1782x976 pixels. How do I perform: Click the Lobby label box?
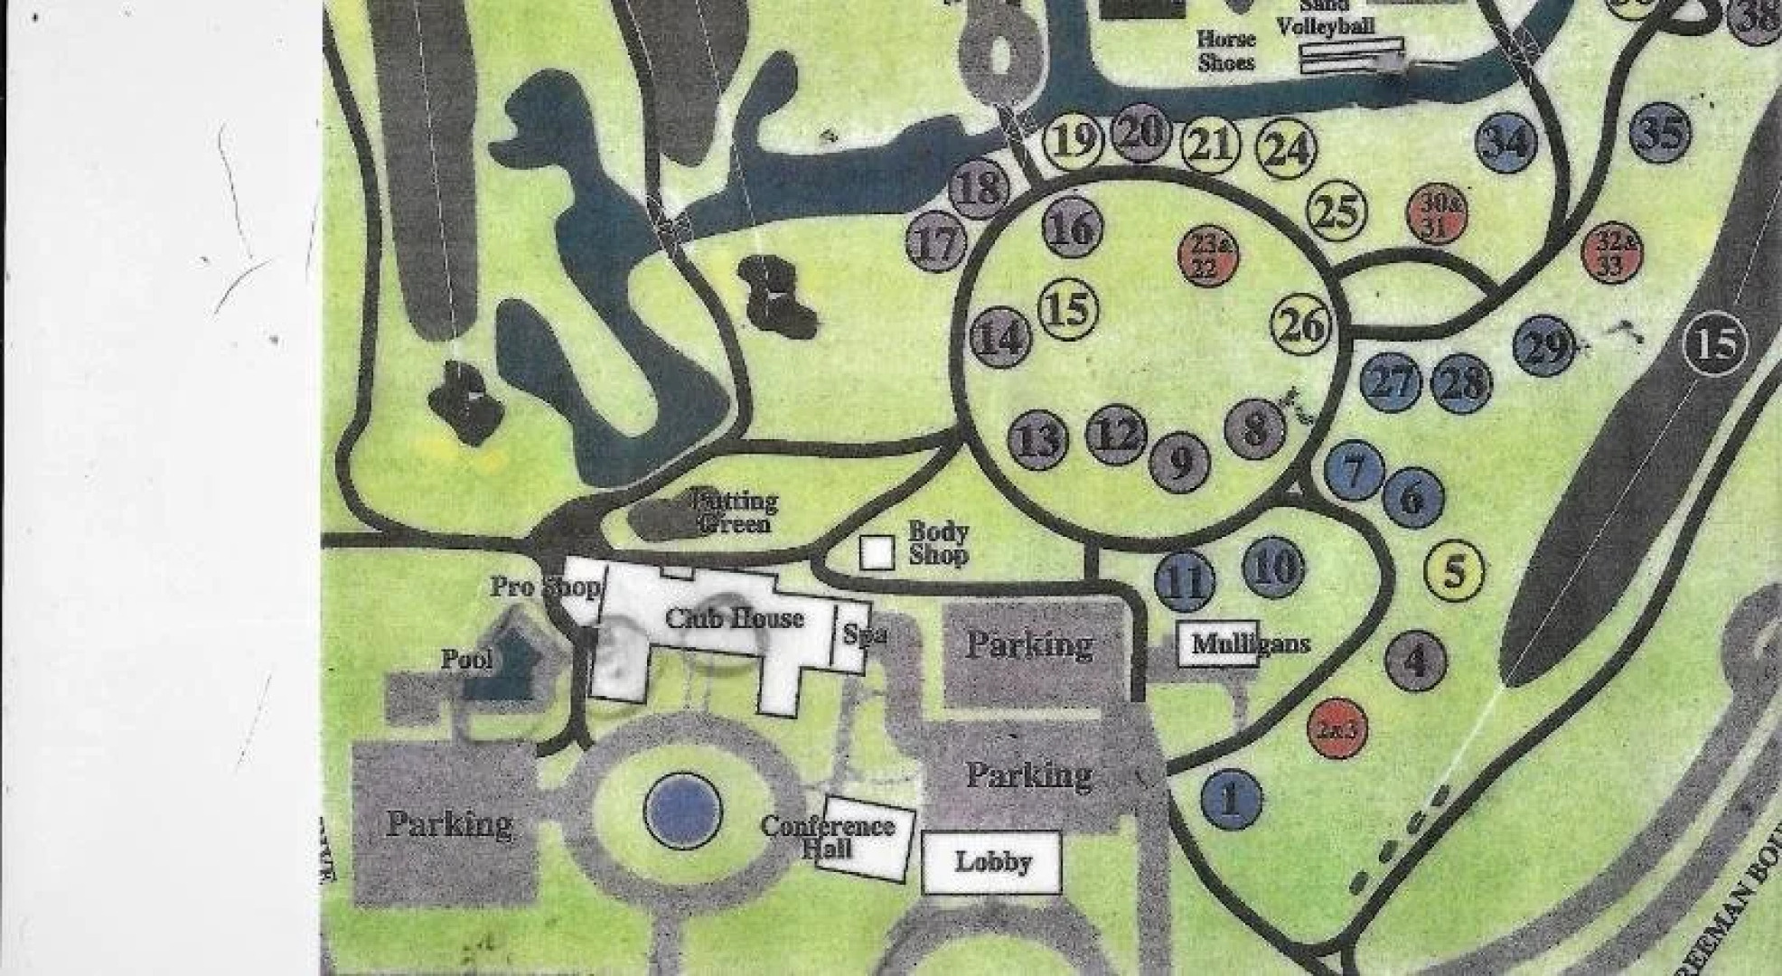point(991,861)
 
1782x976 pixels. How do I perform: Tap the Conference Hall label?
point(828,837)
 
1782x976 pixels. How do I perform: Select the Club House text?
point(734,619)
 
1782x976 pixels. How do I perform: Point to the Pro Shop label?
point(545,587)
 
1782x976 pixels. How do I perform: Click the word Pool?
point(466,659)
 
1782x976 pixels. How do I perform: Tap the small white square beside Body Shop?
point(876,552)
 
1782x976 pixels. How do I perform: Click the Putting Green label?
point(733,511)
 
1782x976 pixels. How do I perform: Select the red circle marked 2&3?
point(1337,728)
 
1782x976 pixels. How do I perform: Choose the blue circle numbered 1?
point(1231,799)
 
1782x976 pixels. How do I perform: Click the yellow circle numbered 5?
point(1454,571)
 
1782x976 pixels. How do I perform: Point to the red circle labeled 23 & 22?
point(1209,256)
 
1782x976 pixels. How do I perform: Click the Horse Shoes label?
point(1226,51)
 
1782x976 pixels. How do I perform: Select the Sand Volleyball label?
point(1326,20)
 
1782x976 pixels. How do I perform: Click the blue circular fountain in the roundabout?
point(683,809)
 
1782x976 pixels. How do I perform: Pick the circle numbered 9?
point(1180,462)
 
